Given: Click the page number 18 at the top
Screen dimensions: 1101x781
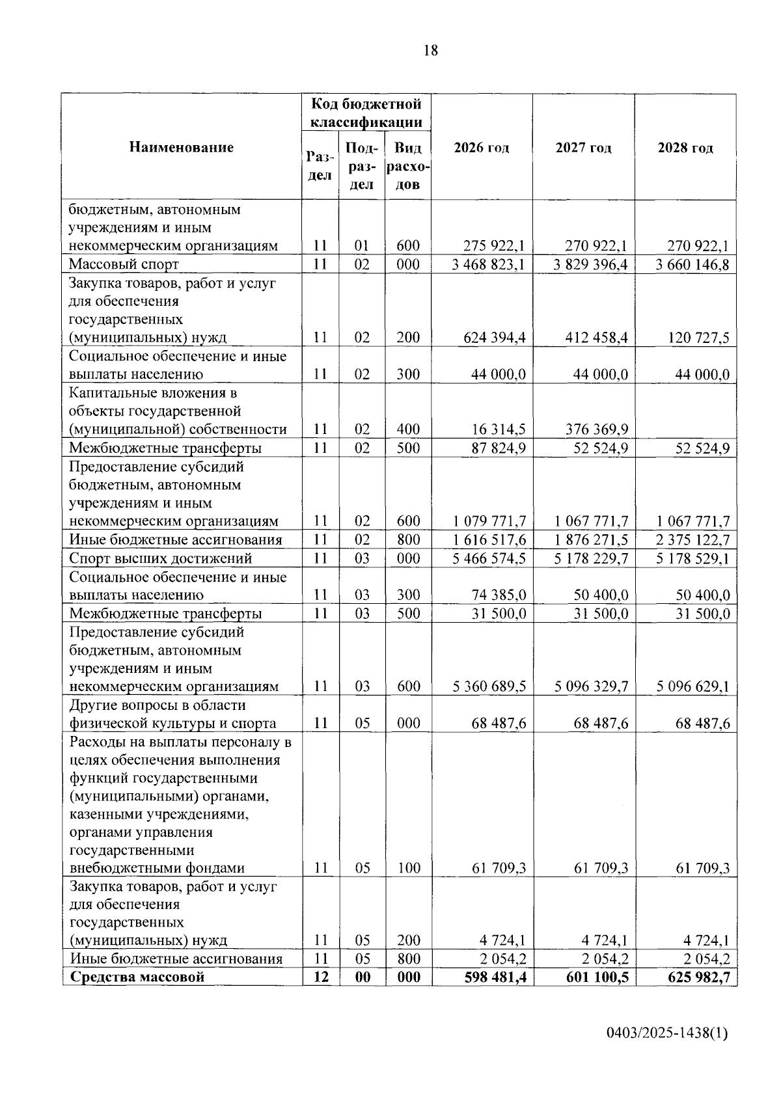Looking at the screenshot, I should tap(431, 51).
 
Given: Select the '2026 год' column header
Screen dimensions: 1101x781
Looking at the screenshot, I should tap(482, 148).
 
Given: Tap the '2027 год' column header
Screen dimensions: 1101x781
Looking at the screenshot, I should tap(584, 148).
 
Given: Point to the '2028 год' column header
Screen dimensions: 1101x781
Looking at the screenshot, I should tap(685, 148).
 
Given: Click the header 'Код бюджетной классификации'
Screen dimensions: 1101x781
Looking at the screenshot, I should tap(366, 113).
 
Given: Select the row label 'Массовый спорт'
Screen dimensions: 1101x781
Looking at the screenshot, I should tap(124, 264).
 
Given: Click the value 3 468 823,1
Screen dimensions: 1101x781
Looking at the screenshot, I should tap(488, 264).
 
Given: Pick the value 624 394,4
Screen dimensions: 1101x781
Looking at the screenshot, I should tap(495, 338).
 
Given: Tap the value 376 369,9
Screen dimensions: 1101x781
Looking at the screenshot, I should tap(597, 429).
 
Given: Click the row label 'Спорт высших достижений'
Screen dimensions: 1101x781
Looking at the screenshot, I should tap(161, 558).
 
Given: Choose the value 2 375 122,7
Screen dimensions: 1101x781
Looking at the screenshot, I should tap(692, 540).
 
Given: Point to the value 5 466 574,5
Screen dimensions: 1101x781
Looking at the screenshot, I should tap(488, 558).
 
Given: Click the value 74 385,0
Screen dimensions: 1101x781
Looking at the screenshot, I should tap(499, 595).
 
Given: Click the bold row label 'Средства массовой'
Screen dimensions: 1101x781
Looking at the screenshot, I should tap(137, 977).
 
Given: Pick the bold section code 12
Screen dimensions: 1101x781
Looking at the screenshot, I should tap(320, 977).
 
